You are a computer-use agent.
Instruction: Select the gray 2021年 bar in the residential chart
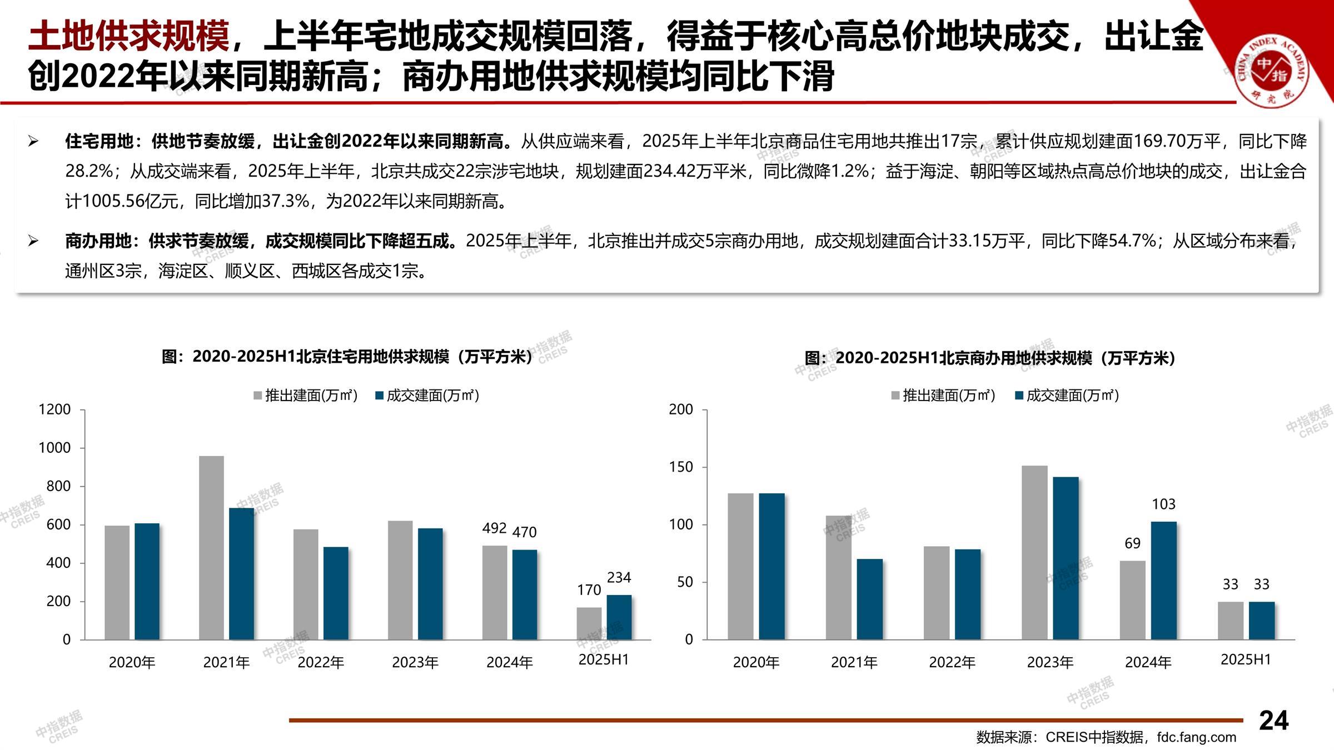(211, 547)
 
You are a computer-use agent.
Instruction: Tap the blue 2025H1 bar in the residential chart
(619, 617)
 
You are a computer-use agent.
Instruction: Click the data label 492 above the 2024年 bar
(494, 528)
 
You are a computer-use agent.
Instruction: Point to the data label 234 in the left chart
(619, 578)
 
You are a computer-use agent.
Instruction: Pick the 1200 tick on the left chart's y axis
(54, 410)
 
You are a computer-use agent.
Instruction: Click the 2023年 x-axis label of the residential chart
(415, 662)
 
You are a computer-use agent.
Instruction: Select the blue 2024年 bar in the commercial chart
(1163, 580)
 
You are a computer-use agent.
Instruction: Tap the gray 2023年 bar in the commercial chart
(1034, 552)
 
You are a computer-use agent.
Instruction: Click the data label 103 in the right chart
(1163, 504)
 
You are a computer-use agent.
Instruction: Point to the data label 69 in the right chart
(1132, 543)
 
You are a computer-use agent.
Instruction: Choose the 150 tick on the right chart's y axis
(681, 467)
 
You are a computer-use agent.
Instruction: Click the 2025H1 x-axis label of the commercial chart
(1246, 660)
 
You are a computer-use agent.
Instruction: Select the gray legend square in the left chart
(258, 396)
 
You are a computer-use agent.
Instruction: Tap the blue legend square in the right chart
(1019, 396)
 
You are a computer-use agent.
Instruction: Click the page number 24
(1273, 721)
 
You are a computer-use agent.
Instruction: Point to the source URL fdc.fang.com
(1197, 737)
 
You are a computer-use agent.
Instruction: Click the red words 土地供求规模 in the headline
(128, 36)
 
